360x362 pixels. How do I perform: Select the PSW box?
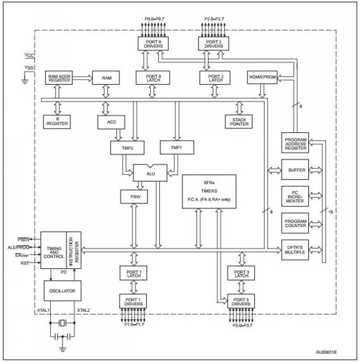(134, 198)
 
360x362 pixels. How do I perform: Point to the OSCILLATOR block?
(62, 291)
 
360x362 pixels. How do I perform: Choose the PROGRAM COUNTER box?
(295, 224)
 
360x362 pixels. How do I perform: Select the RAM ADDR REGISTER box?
(60, 77)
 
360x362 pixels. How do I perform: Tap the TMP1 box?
(176, 148)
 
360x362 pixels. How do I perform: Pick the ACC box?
(111, 122)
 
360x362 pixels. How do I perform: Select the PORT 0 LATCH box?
(152, 77)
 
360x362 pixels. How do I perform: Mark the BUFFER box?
(295, 170)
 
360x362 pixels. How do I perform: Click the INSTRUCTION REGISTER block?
(74, 250)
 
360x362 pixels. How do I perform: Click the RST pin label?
(24, 263)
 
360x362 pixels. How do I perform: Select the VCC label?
(29, 55)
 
